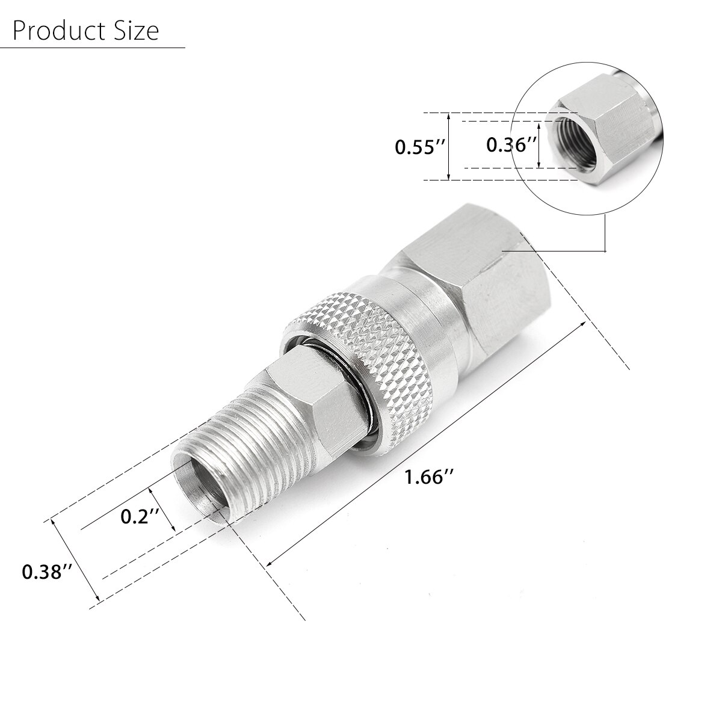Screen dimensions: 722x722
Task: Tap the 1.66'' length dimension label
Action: coord(428,477)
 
